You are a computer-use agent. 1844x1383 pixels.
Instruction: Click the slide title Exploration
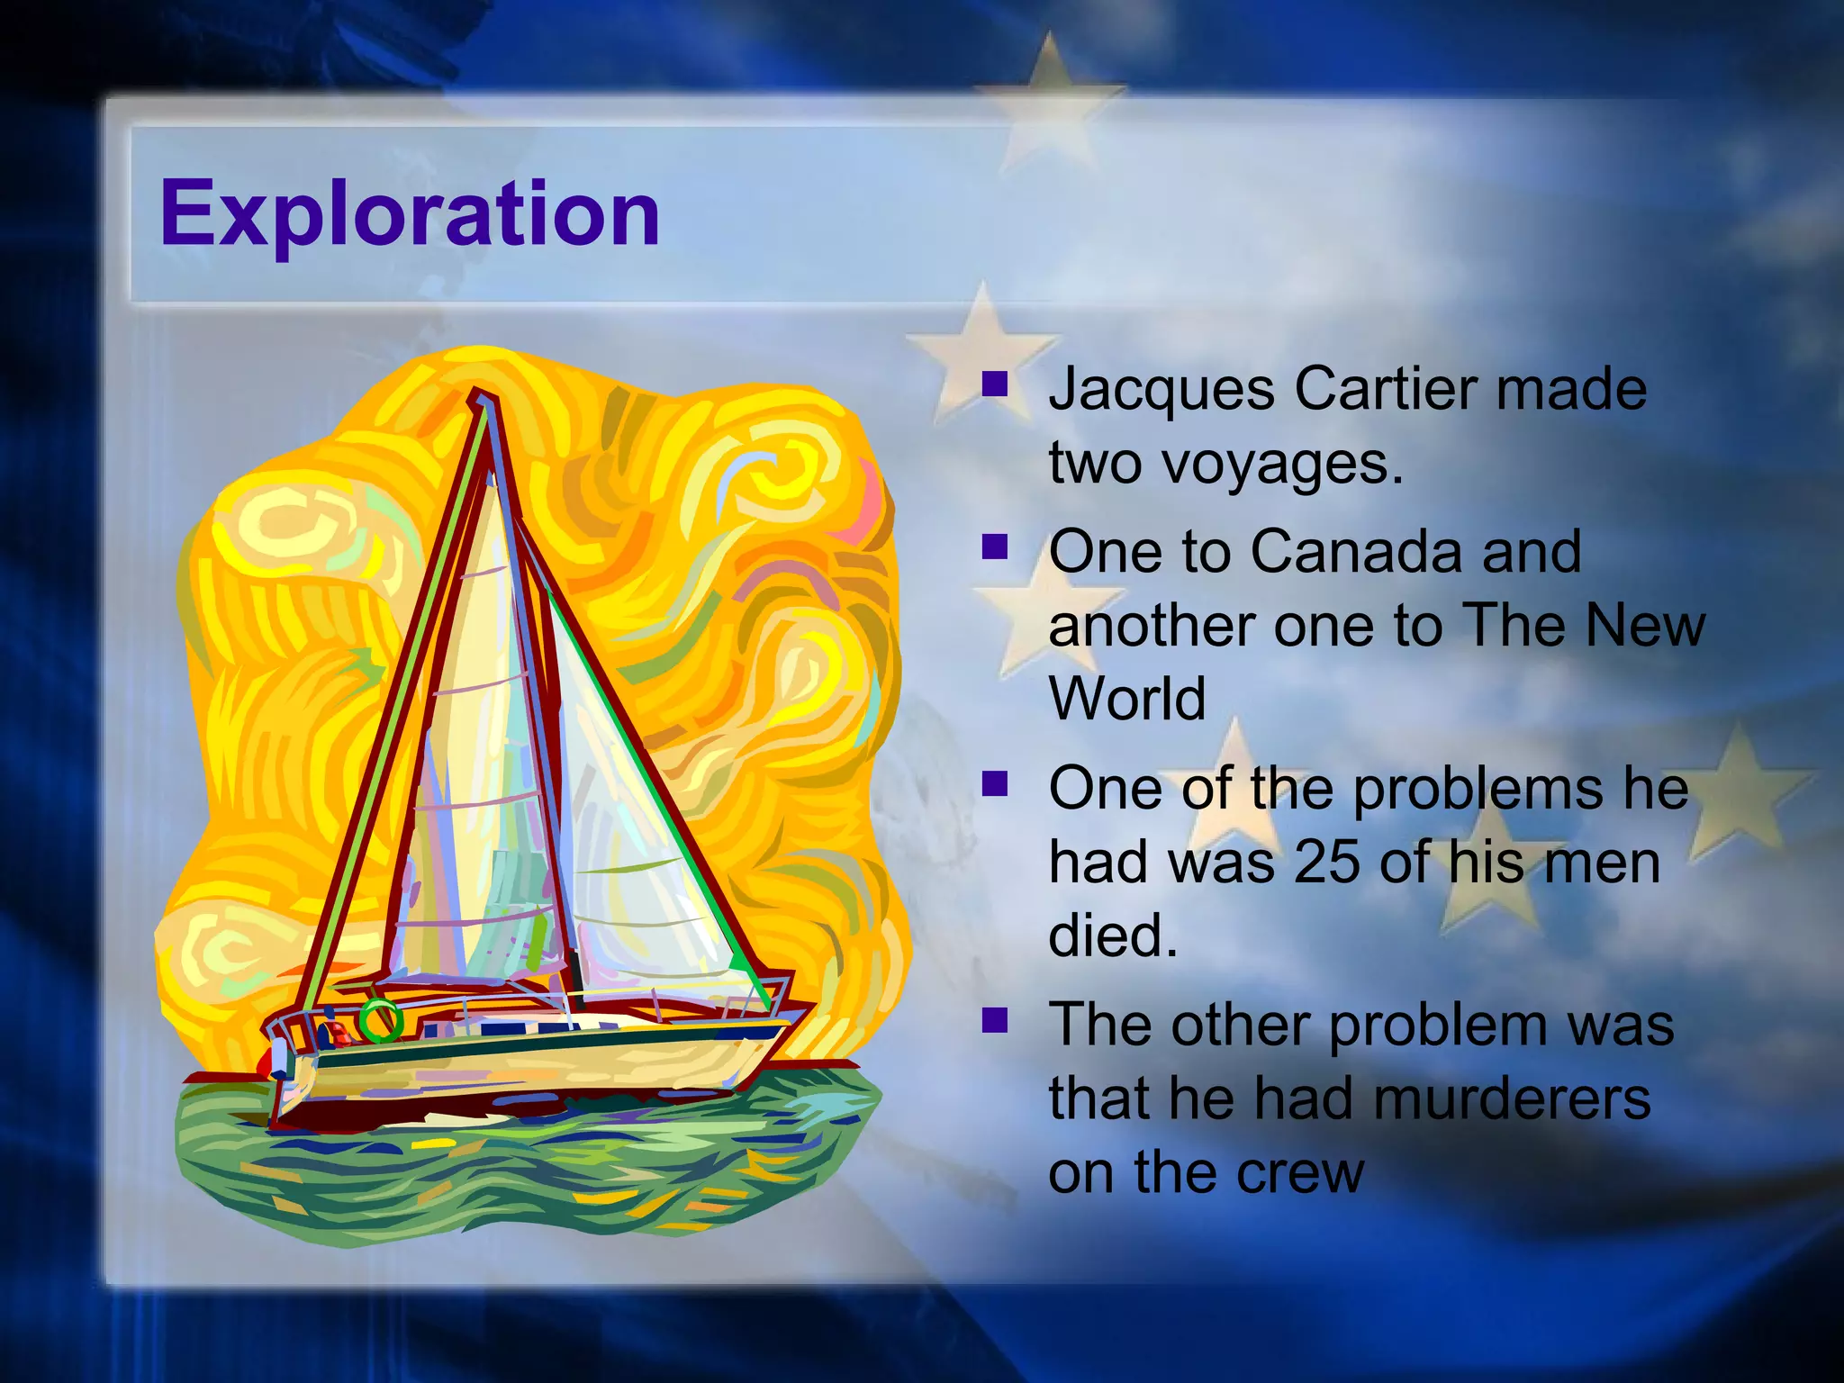pyautogui.click(x=410, y=214)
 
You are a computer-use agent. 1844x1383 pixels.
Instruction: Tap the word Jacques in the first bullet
pyautogui.click(x=1162, y=391)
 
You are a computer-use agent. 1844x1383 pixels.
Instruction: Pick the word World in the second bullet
pyautogui.click(x=1126, y=699)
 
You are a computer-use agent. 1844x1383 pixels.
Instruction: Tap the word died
pyautogui.click(x=1112, y=936)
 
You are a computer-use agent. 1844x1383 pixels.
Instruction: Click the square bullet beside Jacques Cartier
pyautogui.click(x=994, y=386)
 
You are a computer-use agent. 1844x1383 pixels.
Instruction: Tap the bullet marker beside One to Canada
pyautogui.click(x=994, y=547)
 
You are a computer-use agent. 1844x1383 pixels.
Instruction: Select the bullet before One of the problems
pyautogui.click(x=994, y=783)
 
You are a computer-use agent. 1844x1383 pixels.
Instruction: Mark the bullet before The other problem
pyautogui.click(x=994, y=1020)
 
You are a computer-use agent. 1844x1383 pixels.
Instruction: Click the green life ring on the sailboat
pyautogui.click(x=380, y=1020)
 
